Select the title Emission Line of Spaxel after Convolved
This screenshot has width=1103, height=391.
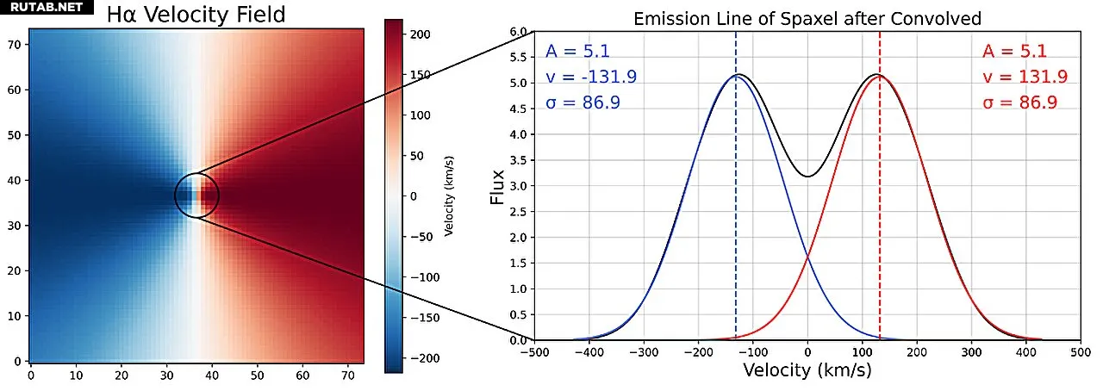click(x=807, y=19)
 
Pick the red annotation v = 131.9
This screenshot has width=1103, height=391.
click(x=1025, y=77)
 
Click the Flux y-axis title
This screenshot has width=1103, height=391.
click(x=497, y=186)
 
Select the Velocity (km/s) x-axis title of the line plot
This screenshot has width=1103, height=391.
click(x=807, y=370)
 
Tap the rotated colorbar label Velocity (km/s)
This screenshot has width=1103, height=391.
click(x=449, y=196)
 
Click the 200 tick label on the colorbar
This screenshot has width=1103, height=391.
click(x=421, y=34)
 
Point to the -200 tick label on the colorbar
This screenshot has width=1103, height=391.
click(x=424, y=358)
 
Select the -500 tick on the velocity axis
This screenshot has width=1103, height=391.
click(x=534, y=351)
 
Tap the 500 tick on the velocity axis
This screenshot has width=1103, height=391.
click(x=1081, y=351)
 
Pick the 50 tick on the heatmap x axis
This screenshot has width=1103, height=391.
click(x=257, y=375)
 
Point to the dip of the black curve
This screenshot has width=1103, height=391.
click(x=807, y=177)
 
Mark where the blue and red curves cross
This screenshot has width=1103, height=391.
click(x=807, y=256)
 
